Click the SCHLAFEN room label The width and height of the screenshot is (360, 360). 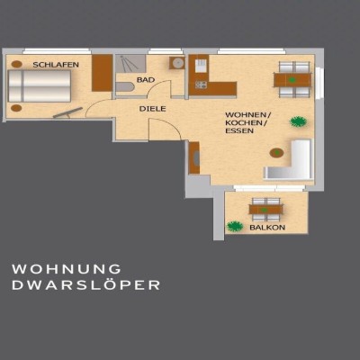[x=56, y=65]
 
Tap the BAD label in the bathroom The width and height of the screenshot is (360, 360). [x=146, y=80]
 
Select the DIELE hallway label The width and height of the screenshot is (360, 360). [x=152, y=109]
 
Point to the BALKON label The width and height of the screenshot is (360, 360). [x=267, y=228]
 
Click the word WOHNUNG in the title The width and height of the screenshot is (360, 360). [x=67, y=269]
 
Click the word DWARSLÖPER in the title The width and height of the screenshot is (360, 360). [x=85, y=285]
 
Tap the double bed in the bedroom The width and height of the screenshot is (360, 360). [x=40, y=86]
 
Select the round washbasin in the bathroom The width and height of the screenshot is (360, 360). [x=177, y=63]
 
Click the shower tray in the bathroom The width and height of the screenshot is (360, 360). [x=130, y=64]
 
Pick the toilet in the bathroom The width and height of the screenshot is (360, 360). [x=124, y=87]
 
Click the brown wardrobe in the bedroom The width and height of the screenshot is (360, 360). [x=102, y=73]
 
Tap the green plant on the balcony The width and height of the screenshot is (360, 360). [x=235, y=226]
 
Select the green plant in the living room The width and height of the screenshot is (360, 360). [x=298, y=121]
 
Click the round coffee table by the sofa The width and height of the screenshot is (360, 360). [x=276, y=153]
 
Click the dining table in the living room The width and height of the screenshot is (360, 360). [x=292, y=80]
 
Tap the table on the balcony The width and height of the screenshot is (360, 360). [x=265, y=209]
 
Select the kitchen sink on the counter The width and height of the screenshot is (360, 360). [x=201, y=64]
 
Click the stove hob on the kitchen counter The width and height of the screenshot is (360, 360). [x=201, y=85]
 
